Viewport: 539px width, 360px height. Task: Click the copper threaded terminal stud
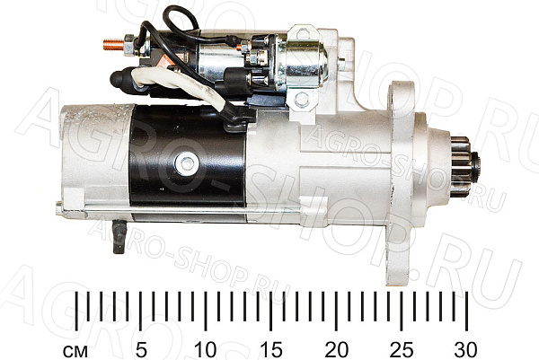[x=113, y=44]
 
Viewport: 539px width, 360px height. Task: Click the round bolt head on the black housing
[x=186, y=163]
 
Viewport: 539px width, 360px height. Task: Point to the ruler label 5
[x=141, y=350]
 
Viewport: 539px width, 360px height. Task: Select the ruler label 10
[x=205, y=350]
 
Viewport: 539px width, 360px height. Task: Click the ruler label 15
[x=271, y=350]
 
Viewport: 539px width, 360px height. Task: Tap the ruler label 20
[x=336, y=350]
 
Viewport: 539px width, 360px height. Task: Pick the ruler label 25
[x=402, y=350]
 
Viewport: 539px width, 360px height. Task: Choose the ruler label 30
[x=465, y=350]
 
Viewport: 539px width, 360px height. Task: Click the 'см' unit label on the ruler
[x=75, y=352]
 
